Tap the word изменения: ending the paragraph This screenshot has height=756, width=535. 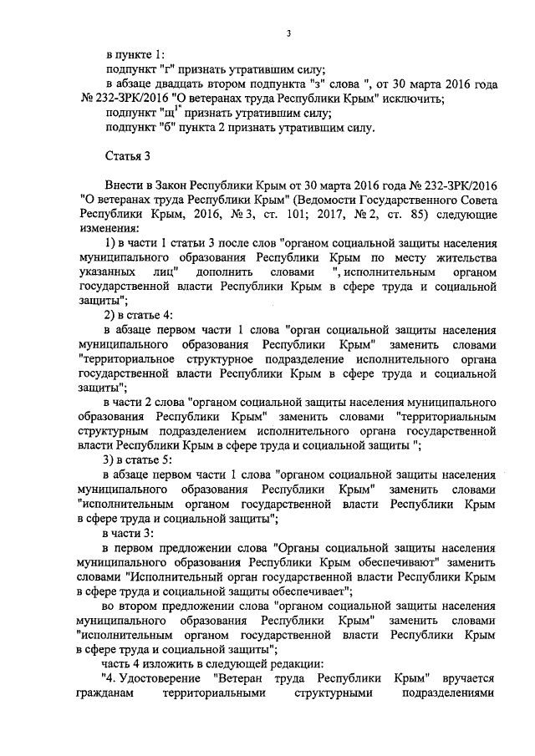[107, 228]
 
